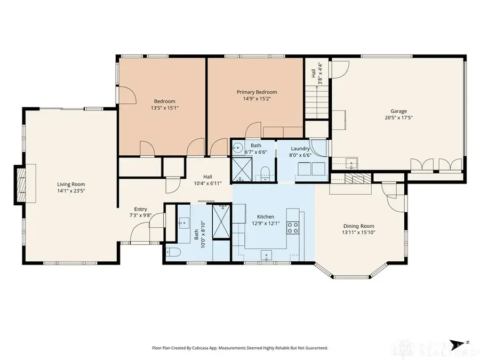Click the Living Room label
71,185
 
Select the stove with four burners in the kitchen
293,228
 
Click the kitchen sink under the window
266,255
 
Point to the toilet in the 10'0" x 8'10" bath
172,252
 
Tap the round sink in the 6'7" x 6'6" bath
239,147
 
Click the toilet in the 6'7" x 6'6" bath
265,172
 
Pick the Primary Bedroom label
257,92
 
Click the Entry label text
141,209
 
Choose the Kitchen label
266,217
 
